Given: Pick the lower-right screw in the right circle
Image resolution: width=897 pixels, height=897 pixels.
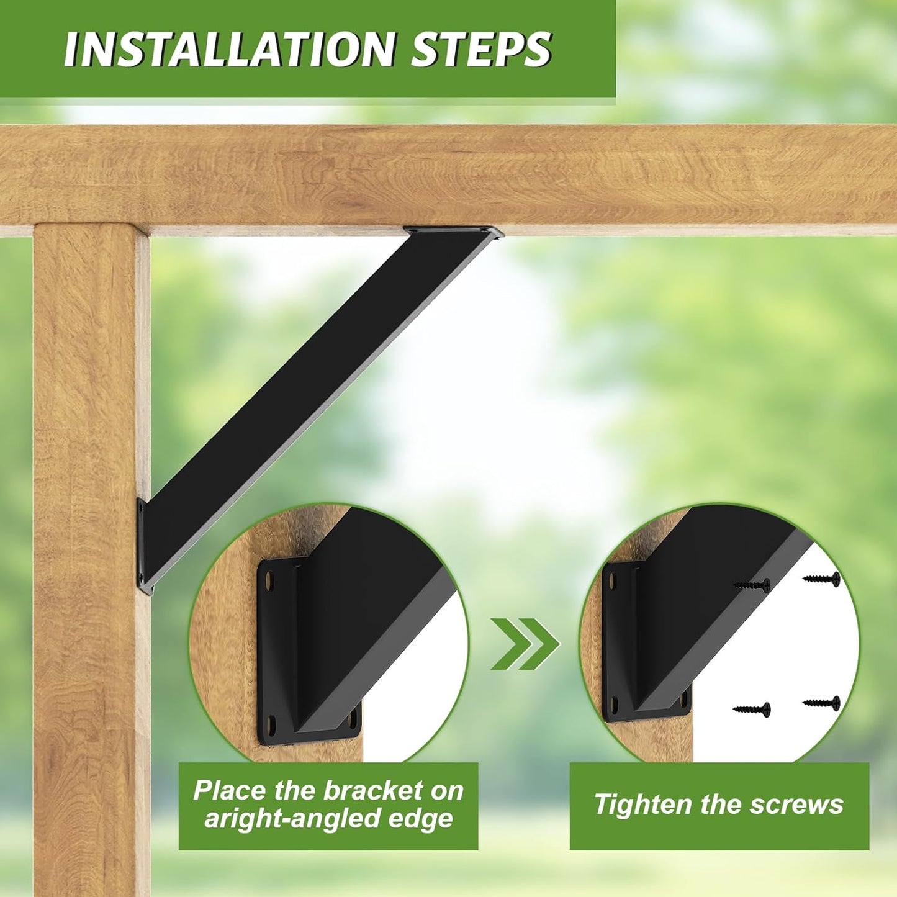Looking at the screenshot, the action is pyautogui.click(x=821, y=703).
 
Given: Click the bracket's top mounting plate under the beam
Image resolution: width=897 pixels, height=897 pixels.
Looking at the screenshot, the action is pyautogui.click(x=453, y=232).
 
